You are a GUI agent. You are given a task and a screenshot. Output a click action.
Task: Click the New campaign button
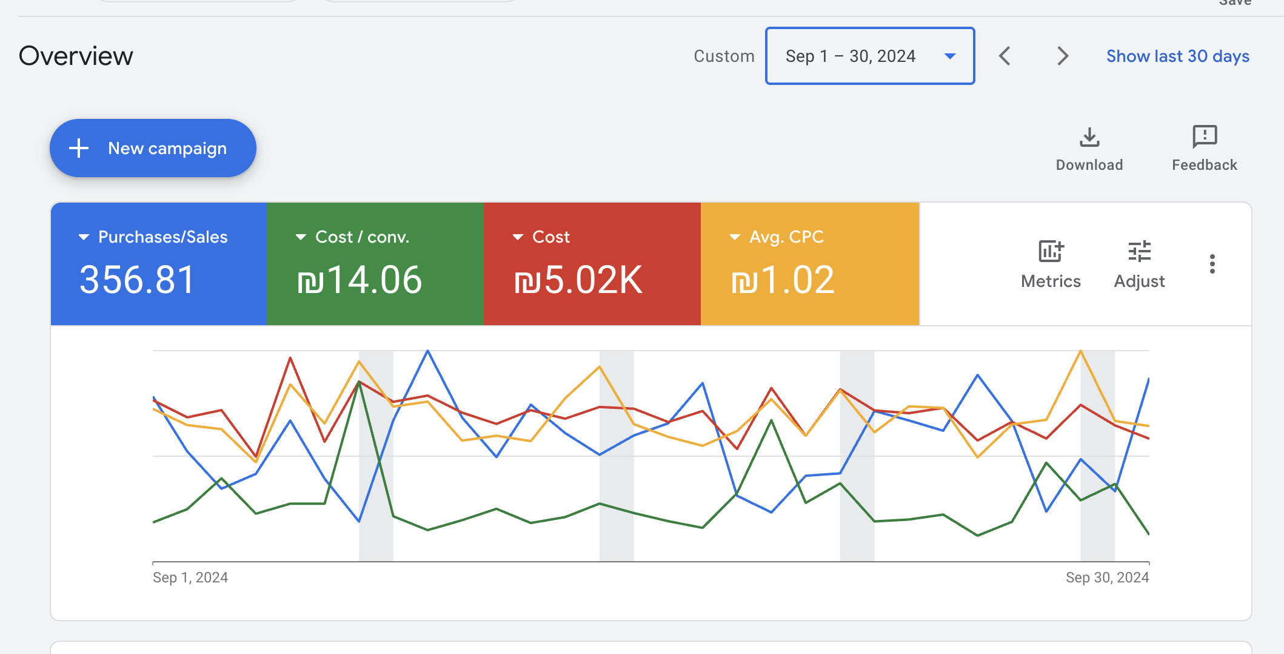(x=153, y=148)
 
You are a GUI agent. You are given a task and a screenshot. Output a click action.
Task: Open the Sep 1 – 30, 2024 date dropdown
(x=869, y=56)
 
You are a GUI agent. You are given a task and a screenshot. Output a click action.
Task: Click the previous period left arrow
(x=1005, y=56)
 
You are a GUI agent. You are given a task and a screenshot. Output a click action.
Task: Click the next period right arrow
(x=1062, y=56)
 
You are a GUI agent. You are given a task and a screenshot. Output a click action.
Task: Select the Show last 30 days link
(x=1177, y=56)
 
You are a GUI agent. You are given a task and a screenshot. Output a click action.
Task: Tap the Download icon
(x=1089, y=138)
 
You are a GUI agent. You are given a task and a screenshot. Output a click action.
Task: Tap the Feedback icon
(x=1204, y=137)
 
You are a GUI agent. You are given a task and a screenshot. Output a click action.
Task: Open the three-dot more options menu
(x=1212, y=264)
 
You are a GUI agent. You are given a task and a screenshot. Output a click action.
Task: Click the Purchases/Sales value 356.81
(x=137, y=280)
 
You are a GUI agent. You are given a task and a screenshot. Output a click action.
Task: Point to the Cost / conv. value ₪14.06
(x=359, y=280)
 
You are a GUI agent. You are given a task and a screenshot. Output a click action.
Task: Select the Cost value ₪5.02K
(x=578, y=280)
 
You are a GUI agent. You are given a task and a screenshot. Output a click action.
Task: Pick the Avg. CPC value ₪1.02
(x=783, y=280)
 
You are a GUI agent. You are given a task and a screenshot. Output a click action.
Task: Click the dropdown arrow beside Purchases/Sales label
(x=84, y=237)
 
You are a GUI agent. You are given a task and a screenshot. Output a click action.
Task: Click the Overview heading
(x=76, y=56)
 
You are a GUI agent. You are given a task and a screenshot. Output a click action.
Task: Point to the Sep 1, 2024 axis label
(x=190, y=578)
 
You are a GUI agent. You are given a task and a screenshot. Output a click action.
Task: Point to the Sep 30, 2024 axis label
(x=1107, y=578)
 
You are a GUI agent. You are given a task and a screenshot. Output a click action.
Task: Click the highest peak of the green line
(x=359, y=382)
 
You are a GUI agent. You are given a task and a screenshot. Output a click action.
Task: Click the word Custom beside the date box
(x=724, y=56)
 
